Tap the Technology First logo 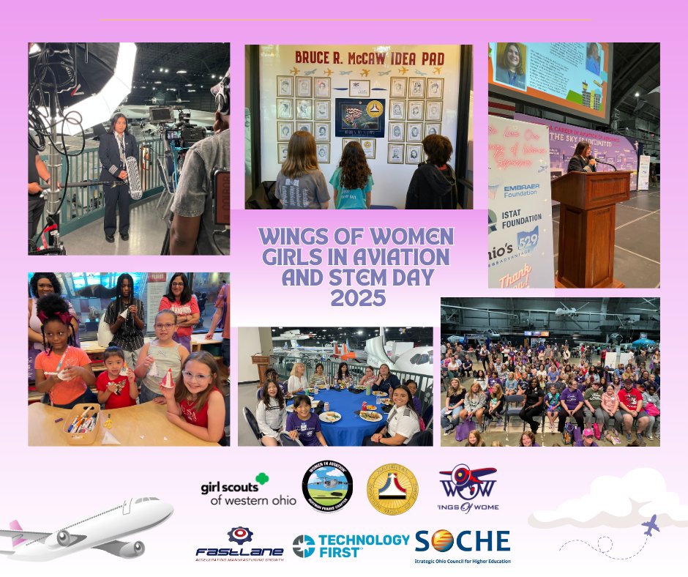(x=351, y=545)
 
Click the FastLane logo (x=239, y=544)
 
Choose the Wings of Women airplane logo (x=468, y=488)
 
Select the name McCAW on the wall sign (x=383, y=56)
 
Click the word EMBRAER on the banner (x=522, y=187)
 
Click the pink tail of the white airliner (x=16, y=532)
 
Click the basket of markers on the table (x=78, y=422)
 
